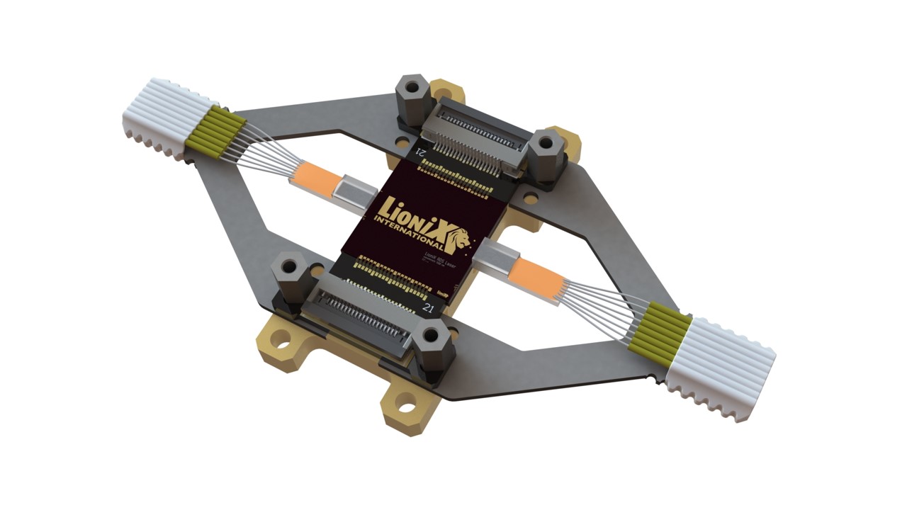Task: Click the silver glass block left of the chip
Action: coord(357,191)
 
